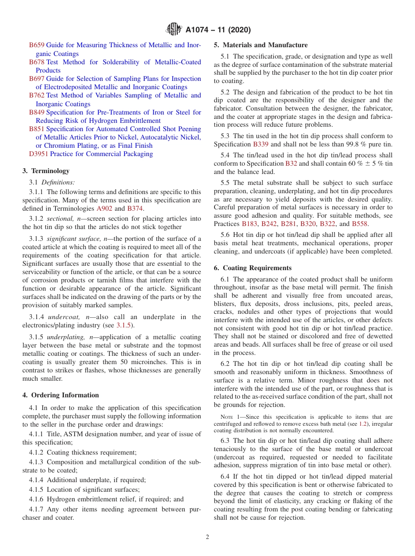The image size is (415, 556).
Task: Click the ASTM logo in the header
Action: (x=174, y=30)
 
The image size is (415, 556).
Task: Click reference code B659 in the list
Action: (x=37, y=45)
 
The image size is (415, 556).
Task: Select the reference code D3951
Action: (x=38, y=154)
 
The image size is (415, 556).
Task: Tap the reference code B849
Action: (x=37, y=112)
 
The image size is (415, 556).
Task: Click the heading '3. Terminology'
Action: (x=46, y=171)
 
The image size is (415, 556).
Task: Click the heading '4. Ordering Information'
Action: (x=61, y=395)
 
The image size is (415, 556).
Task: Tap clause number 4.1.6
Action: (x=38, y=499)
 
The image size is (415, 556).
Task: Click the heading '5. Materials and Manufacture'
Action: (x=260, y=45)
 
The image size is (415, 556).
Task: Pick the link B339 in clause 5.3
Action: (x=261, y=144)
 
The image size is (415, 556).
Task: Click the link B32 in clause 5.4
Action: (x=291, y=163)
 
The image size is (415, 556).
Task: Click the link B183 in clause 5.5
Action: (x=249, y=224)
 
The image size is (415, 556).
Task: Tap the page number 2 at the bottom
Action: (x=207, y=537)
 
